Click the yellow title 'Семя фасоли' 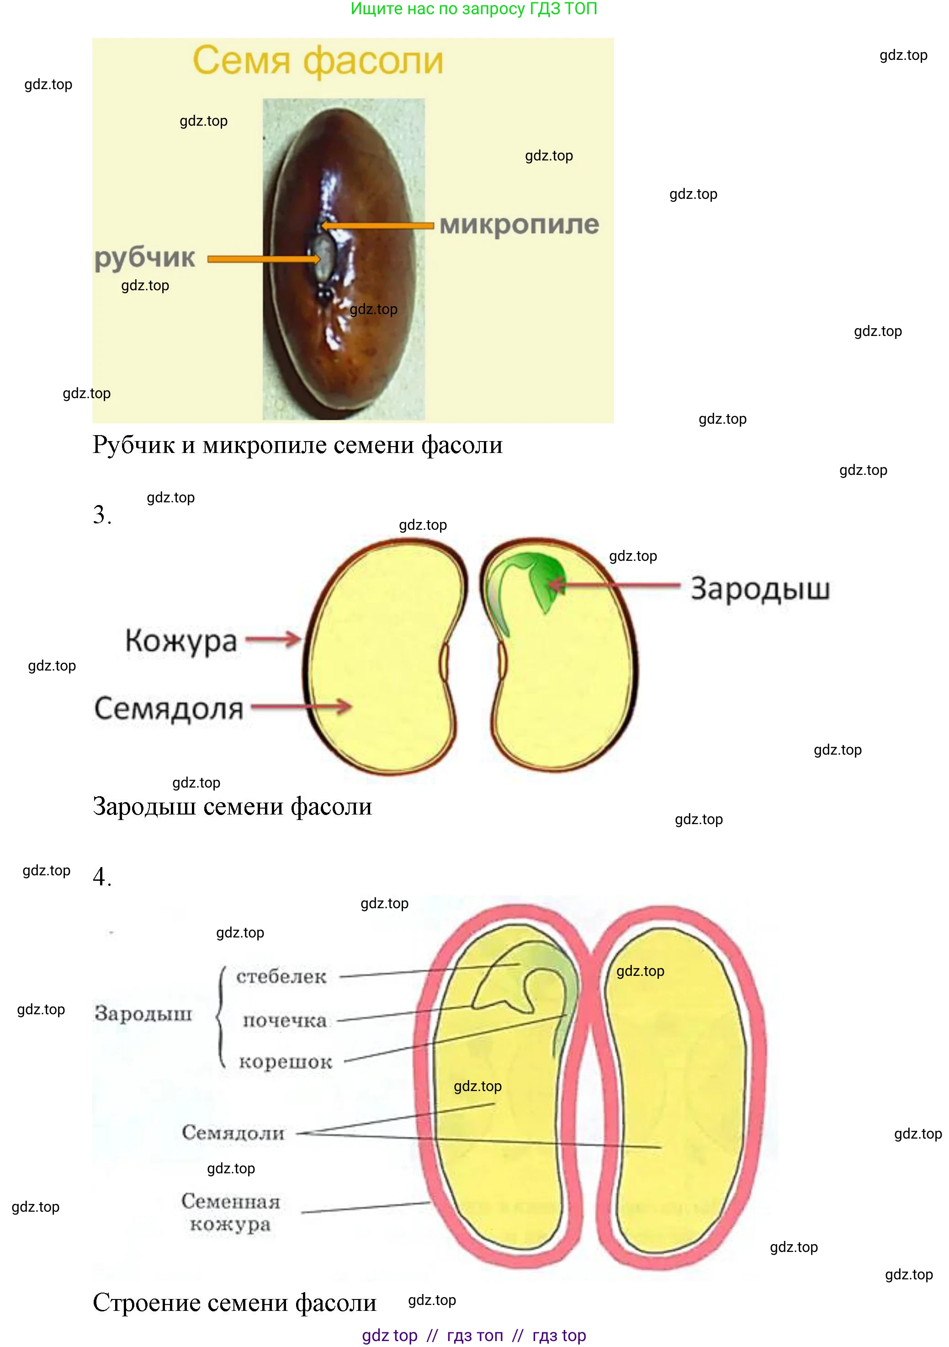point(318,60)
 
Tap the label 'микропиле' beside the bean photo point(519,225)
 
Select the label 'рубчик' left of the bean point(144,257)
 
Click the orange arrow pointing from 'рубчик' point(264,259)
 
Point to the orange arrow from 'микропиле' point(377,225)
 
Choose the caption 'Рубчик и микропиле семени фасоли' point(297,445)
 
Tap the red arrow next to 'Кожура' point(273,639)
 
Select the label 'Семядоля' point(169,708)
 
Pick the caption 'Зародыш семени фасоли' point(232,807)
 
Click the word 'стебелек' point(281,977)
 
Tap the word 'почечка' point(285,1021)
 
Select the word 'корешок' point(286,1062)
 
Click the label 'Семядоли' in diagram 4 point(233,1132)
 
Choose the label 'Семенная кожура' point(230,1213)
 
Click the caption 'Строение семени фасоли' point(234,1302)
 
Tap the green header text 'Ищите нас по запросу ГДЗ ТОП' point(474,9)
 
